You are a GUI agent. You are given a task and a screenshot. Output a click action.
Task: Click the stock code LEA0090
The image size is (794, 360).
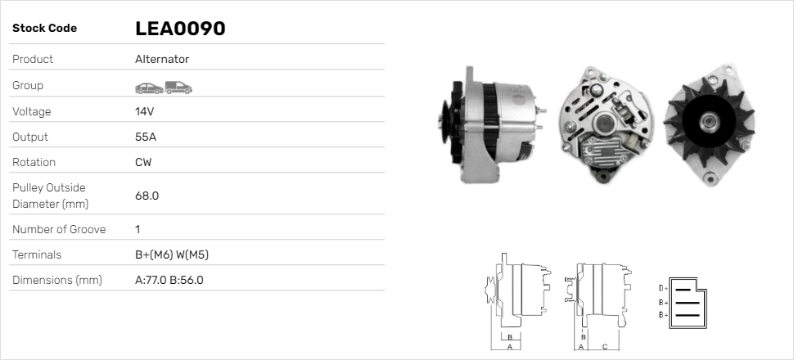pos(180,29)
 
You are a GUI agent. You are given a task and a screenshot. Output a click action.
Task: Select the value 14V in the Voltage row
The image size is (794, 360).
pos(145,111)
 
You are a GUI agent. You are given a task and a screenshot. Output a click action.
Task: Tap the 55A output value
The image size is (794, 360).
pos(146,137)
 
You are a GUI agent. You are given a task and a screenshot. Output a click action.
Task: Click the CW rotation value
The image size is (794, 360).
pos(143,162)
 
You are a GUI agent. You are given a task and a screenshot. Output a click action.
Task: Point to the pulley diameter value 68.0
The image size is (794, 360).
pos(147,196)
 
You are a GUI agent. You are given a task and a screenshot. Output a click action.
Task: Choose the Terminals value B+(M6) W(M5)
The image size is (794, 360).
pos(172,254)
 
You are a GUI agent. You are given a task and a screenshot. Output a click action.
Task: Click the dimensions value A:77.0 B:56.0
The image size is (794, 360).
pos(169,280)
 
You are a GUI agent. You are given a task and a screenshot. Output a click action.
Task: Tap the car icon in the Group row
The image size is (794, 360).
pos(148,86)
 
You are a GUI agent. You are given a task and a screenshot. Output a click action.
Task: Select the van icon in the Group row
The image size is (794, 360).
pos(178,86)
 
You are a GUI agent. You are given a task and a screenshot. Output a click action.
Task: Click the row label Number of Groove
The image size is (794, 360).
pos(59,229)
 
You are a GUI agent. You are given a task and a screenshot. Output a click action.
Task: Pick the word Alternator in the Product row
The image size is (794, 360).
pos(162,59)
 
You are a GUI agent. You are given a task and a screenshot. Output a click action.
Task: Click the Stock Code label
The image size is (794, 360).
pos(44,29)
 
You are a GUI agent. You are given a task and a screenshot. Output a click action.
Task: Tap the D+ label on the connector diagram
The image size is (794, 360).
pos(664,288)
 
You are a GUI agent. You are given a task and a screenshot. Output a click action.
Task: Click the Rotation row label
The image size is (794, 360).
pos(34,162)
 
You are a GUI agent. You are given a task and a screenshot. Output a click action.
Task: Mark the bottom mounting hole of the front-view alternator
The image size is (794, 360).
pos(710,178)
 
